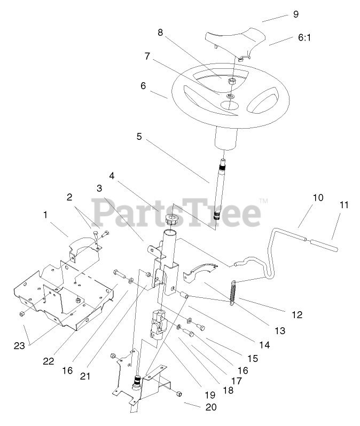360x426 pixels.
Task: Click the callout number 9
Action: [295, 14]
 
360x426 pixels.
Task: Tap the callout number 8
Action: [160, 31]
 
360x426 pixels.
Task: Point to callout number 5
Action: [139, 137]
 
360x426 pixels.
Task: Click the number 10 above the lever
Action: [318, 198]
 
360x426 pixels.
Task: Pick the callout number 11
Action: [343, 204]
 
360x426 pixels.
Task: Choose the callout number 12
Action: [298, 315]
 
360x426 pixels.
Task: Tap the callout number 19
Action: [209, 395]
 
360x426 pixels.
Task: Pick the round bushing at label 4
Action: [171, 219]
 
